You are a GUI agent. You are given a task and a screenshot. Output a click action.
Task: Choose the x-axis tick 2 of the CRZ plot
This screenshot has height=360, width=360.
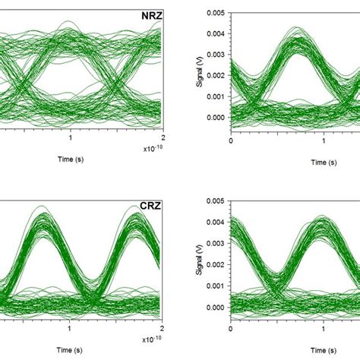[163, 330]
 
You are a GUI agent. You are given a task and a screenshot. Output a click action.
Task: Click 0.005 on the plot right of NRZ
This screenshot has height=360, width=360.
[214, 13]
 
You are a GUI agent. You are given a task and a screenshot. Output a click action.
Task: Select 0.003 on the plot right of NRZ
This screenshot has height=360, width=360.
[214, 55]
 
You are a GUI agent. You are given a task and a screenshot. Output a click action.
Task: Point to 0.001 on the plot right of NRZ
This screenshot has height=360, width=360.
[214, 96]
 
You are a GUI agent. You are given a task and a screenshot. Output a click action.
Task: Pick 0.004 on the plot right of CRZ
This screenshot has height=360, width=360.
[214, 224]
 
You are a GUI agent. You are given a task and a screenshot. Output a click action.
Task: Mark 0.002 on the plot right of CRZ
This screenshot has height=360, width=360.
[214, 266]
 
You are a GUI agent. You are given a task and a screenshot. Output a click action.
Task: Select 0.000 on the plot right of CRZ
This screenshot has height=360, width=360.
[214, 307]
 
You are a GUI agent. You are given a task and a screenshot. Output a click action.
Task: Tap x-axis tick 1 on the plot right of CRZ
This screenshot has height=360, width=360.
[324, 330]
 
